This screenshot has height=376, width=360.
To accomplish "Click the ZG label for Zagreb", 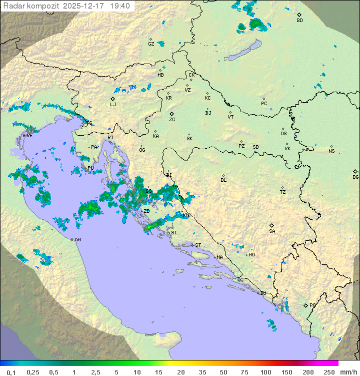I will [x=172, y=120].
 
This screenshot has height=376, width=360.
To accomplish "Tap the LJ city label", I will [x=113, y=105].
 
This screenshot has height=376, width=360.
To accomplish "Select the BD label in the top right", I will [x=299, y=21].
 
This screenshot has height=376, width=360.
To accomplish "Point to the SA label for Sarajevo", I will [x=272, y=231].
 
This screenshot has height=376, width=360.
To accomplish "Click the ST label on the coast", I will [x=198, y=245].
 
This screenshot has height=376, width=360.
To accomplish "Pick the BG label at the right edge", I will [x=355, y=177].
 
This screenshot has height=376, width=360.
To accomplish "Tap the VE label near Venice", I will [x=29, y=136].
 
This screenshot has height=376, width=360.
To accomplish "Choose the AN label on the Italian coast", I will [x=77, y=240].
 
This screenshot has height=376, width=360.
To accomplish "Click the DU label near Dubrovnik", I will [x=263, y=293].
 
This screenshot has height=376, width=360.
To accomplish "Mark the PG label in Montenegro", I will [x=312, y=305].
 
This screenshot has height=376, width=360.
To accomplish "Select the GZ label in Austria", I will [x=151, y=44].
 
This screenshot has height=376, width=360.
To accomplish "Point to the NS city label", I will [x=331, y=151].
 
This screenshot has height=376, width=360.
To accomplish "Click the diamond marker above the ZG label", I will [x=171, y=114].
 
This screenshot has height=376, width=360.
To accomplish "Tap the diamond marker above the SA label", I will [x=272, y=225].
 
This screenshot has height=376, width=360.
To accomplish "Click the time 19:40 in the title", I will [x=120, y=6].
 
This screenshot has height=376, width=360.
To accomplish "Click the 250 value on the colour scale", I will [x=328, y=372].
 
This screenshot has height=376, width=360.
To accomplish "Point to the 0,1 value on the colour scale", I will [x=11, y=372].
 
